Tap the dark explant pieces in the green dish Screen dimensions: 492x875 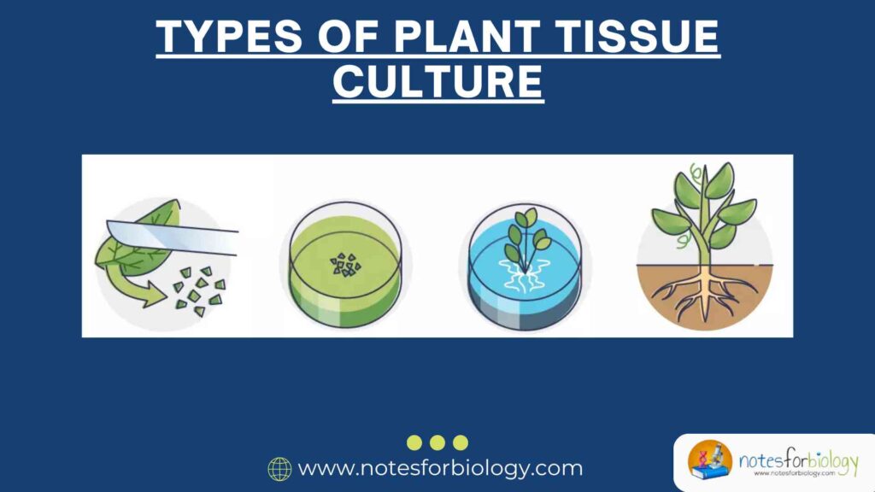coord(346,264)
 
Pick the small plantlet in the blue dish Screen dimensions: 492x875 coord(523,235)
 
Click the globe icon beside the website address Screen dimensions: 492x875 coord(279,468)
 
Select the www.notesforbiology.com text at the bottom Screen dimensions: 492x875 coord(440,468)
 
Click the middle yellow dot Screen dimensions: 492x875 coord(437,442)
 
